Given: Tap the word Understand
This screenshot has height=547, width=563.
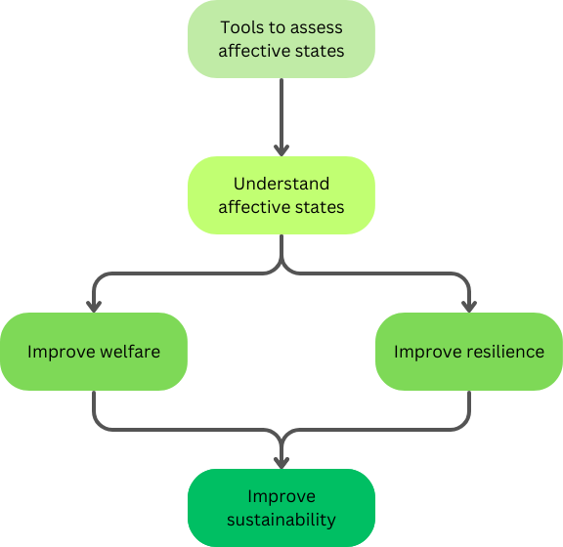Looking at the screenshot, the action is point(281,184).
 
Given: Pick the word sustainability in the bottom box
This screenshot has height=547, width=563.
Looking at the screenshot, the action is point(281,520).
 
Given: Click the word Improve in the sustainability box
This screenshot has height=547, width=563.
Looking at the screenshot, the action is point(281,497).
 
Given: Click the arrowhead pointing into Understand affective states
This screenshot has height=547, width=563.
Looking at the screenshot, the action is point(281,150).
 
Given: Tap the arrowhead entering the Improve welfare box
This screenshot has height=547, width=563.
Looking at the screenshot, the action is point(94,307).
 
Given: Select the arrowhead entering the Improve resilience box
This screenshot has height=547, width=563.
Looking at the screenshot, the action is point(469,307).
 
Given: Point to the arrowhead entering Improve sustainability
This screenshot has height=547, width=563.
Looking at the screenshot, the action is point(281,463).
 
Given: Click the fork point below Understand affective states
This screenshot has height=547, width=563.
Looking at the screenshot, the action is point(281,265).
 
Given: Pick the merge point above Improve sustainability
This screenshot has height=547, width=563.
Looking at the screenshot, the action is point(281,439).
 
